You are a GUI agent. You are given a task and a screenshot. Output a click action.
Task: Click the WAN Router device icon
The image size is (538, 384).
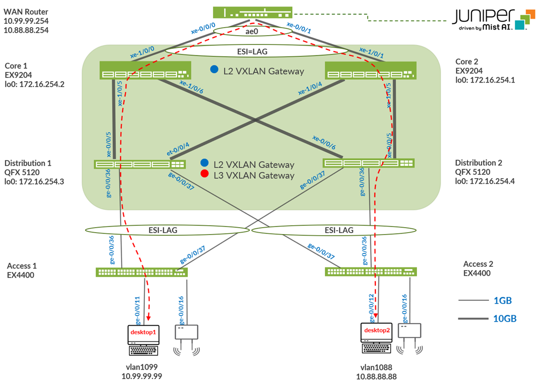point(253,12)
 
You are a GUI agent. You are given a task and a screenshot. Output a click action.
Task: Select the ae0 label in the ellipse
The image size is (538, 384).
point(252,32)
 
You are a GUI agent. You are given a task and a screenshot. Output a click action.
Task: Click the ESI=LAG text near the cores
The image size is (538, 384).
point(252,51)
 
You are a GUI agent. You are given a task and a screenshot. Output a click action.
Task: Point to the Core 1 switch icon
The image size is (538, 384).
point(145,70)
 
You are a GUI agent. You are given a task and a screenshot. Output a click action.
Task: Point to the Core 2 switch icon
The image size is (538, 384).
point(370,71)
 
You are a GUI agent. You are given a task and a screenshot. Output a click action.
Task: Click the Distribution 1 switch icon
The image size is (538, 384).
point(139,164)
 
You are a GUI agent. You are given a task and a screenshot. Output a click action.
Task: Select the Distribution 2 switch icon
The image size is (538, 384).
point(368,163)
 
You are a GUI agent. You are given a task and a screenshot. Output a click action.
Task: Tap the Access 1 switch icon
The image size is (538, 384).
point(142,272)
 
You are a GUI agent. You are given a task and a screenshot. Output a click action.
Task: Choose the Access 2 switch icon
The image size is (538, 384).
point(371,272)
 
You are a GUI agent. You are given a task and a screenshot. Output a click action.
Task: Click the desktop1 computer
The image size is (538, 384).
point(143,340)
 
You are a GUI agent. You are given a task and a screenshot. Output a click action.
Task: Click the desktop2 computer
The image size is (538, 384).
point(376,338)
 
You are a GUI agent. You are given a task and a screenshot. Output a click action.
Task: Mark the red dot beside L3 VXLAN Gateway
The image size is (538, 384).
point(205,174)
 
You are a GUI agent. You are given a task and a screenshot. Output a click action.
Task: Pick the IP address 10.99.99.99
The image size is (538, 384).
point(142,377)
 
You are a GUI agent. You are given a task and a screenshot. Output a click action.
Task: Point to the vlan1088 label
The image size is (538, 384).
point(376,368)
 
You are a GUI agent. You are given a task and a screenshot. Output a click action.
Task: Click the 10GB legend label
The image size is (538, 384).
point(505,319)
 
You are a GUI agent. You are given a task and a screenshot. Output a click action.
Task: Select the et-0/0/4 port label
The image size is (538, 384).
point(178,149)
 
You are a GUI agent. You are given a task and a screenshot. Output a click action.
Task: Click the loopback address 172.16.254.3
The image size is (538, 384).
point(42,182)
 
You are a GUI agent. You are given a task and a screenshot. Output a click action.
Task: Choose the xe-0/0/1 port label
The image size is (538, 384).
point(299,28)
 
